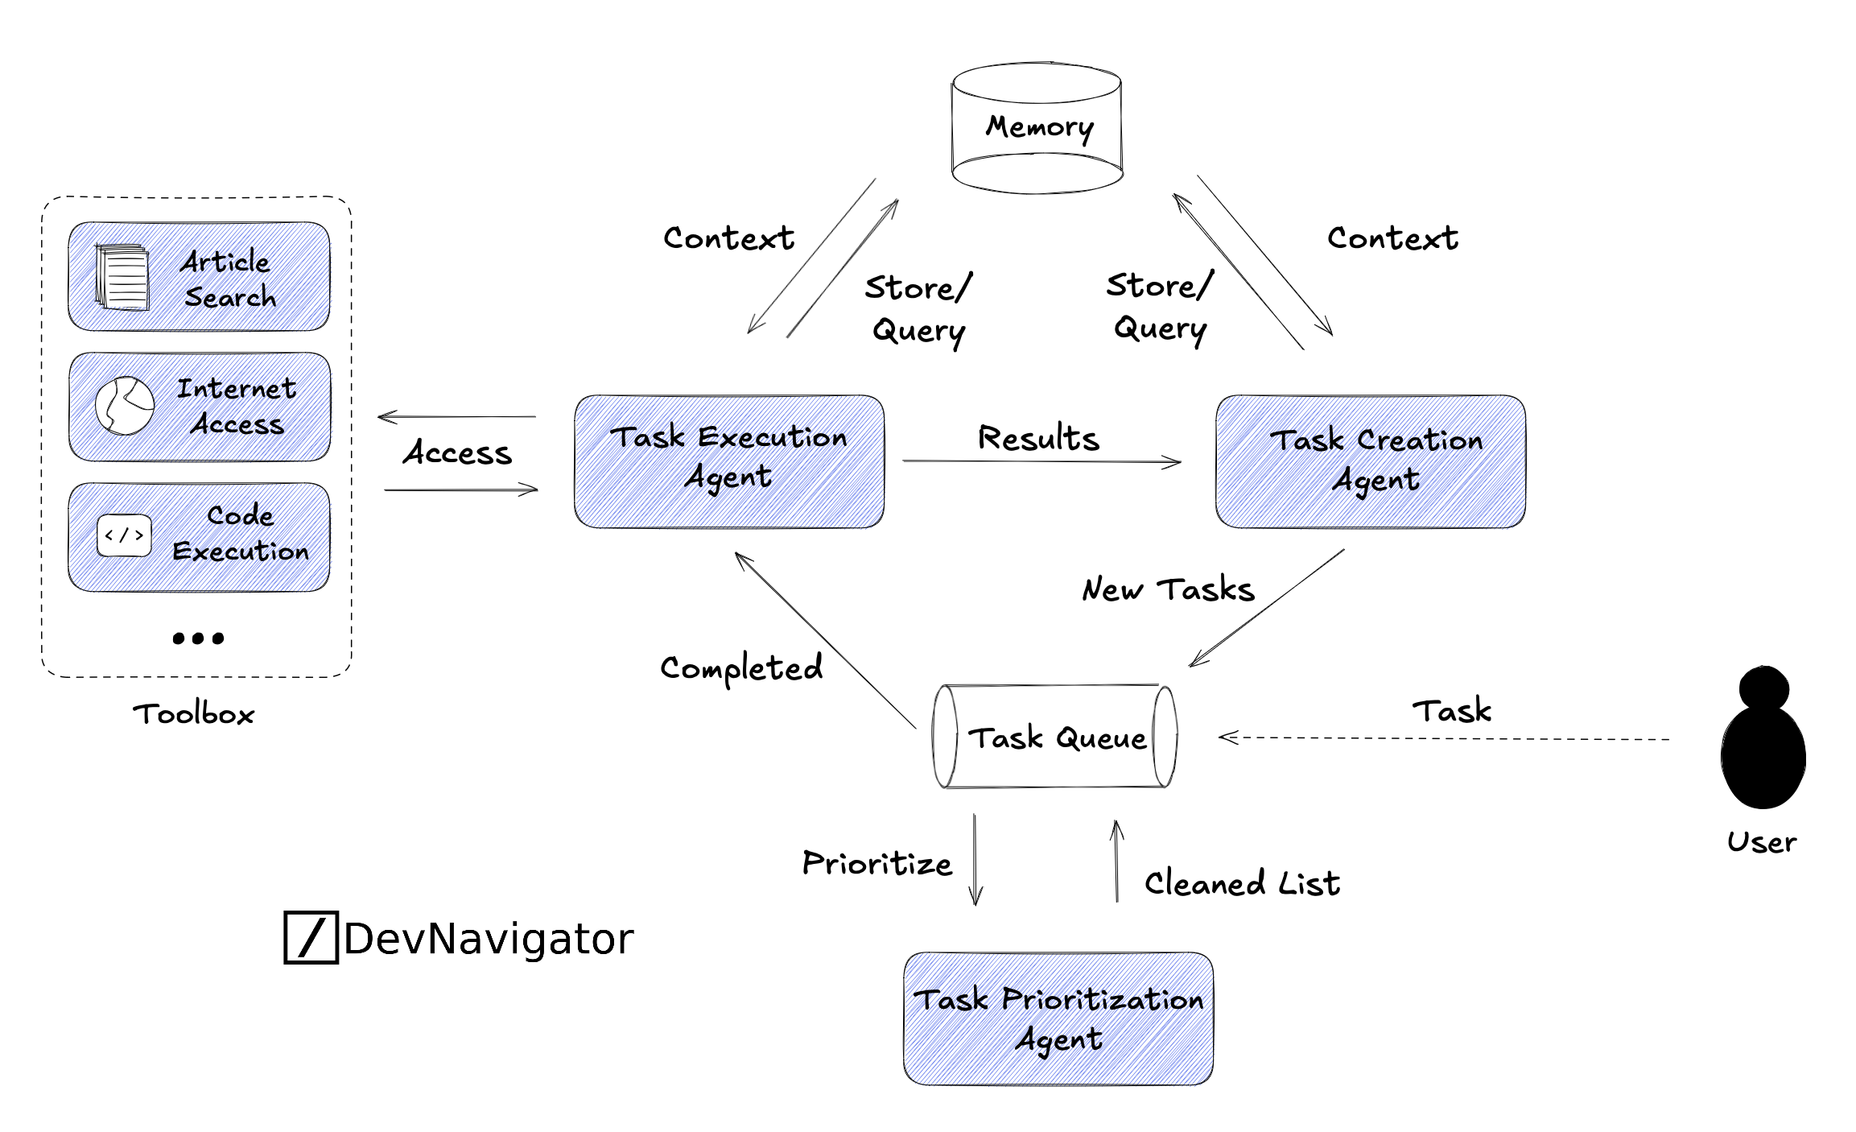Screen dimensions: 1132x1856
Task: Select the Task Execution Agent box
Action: pos(728,461)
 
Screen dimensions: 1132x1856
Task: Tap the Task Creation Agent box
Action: pos(1370,461)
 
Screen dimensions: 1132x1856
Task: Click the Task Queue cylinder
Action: pos(1054,737)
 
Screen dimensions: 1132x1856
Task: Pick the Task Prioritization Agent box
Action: pos(1058,1018)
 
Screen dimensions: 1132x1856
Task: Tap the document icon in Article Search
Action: pos(122,277)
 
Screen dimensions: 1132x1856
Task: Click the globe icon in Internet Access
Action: pos(125,406)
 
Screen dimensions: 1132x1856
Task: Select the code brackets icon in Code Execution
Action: pos(124,535)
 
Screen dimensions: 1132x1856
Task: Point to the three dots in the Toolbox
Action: pos(198,638)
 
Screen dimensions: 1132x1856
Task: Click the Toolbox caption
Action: pos(194,714)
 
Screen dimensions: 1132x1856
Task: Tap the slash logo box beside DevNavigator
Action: pos(311,937)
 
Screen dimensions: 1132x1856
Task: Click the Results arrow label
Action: pos(1038,439)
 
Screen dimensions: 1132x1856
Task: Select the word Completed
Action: pos(741,668)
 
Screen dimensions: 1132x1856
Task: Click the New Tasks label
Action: pos(1168,589)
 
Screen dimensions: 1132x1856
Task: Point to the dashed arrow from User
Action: pos(1441,738)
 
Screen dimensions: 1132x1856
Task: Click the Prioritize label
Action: pos(877,864)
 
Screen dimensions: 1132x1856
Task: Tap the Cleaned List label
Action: pos(1242,883)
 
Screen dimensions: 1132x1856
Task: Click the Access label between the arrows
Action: pos(457,453)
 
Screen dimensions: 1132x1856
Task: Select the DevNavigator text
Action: pos(489,939)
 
